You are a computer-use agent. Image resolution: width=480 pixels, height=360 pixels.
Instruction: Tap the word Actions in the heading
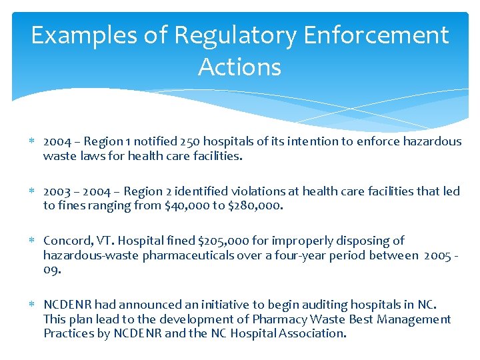point(239,67)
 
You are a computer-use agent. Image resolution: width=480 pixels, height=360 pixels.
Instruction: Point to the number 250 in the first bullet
point(179,141)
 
